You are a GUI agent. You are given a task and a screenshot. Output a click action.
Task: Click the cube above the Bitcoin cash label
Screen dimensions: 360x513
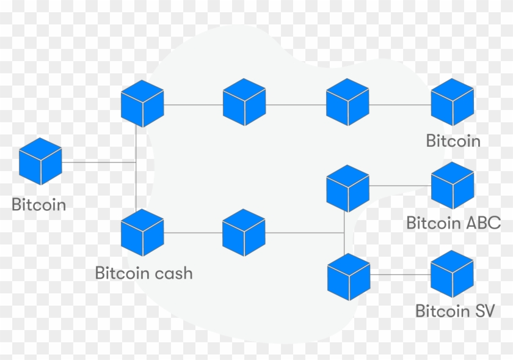(142, 232)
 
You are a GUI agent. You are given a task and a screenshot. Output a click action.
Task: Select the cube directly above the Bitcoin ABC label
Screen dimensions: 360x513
(453, 185)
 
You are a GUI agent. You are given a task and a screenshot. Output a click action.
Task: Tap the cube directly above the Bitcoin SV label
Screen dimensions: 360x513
(453, 274)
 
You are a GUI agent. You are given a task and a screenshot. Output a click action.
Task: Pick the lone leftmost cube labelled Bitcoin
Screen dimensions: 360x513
(40, 161)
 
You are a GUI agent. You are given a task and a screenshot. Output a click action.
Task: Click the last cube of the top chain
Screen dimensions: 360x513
(453, 102)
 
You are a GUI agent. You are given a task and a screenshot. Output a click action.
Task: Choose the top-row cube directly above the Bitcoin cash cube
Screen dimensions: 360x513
(142, 103)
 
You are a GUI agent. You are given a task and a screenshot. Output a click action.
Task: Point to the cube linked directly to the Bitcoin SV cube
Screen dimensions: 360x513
(349, 276)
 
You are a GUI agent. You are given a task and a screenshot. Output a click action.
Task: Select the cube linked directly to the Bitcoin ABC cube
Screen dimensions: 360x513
(348, 188)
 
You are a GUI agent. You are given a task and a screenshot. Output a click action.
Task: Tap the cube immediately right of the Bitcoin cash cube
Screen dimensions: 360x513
(244, 232)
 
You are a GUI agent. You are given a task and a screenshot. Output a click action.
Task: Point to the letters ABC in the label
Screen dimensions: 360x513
(482, 223)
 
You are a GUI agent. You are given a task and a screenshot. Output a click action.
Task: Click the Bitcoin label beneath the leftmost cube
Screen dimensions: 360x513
(39, 205)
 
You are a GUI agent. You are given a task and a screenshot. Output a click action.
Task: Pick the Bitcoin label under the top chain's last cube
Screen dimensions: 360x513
(453, 141)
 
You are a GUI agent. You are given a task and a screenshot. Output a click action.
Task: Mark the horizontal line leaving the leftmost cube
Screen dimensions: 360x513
(98, 162)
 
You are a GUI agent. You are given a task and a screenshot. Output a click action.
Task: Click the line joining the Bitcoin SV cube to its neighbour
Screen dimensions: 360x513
(400, 275)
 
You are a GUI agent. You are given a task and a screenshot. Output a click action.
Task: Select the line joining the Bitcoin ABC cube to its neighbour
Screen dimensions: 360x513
(400, 185)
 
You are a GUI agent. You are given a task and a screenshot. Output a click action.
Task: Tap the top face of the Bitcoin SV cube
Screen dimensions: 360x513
(453, 262)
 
